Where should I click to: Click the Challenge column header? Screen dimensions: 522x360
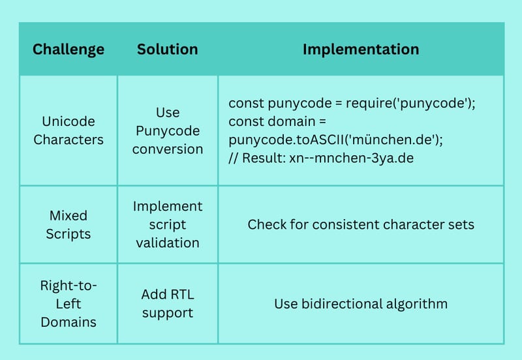69,50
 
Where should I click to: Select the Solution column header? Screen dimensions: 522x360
168,50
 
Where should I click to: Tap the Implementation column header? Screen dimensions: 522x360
361,50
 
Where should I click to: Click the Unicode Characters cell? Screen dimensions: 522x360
69,130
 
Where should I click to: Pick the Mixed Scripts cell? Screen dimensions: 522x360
69,224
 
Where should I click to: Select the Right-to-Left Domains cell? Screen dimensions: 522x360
69,303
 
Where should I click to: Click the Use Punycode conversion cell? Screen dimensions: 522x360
168,130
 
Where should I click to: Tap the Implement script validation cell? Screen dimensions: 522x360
168,224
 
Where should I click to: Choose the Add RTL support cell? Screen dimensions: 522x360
168,303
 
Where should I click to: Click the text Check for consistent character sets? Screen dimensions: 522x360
361,224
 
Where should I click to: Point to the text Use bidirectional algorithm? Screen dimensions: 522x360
361,304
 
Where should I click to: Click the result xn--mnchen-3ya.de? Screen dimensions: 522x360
352,158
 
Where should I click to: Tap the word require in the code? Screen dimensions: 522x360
369,104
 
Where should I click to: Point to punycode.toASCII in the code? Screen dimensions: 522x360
286,140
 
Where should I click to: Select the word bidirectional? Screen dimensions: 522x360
341,304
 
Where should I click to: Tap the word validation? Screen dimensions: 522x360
168,243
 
